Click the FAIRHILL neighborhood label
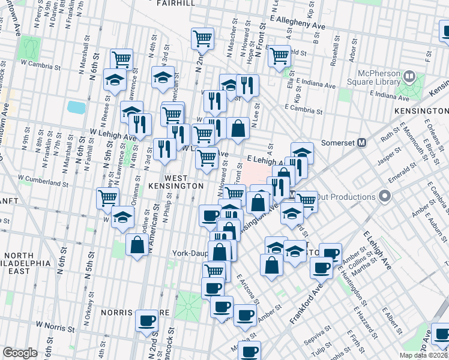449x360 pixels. point(175,3)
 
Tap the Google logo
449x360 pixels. point(20,353)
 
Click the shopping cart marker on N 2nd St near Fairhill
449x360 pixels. point(203,39)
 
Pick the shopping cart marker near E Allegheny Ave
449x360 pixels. point(280,56)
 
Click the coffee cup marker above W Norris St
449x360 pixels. point(146,321)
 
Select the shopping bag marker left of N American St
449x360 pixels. point(137,245)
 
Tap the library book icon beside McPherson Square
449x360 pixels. point(409,77)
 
